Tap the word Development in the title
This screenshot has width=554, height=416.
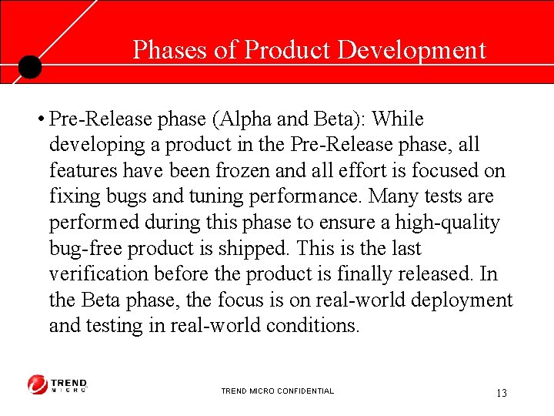(x=412, y=50)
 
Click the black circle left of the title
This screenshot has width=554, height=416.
(x=29, y=67)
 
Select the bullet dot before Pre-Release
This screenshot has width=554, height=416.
(x=38, y=120)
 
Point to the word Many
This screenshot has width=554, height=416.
(x=394, y=196)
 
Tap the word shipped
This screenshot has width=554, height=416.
(x=251, y=249)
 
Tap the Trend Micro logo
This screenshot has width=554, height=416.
(x=58, y=384)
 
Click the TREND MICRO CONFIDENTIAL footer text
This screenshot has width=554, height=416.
(x=277, y=391)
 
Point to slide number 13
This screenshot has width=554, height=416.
(x=501, y=394)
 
